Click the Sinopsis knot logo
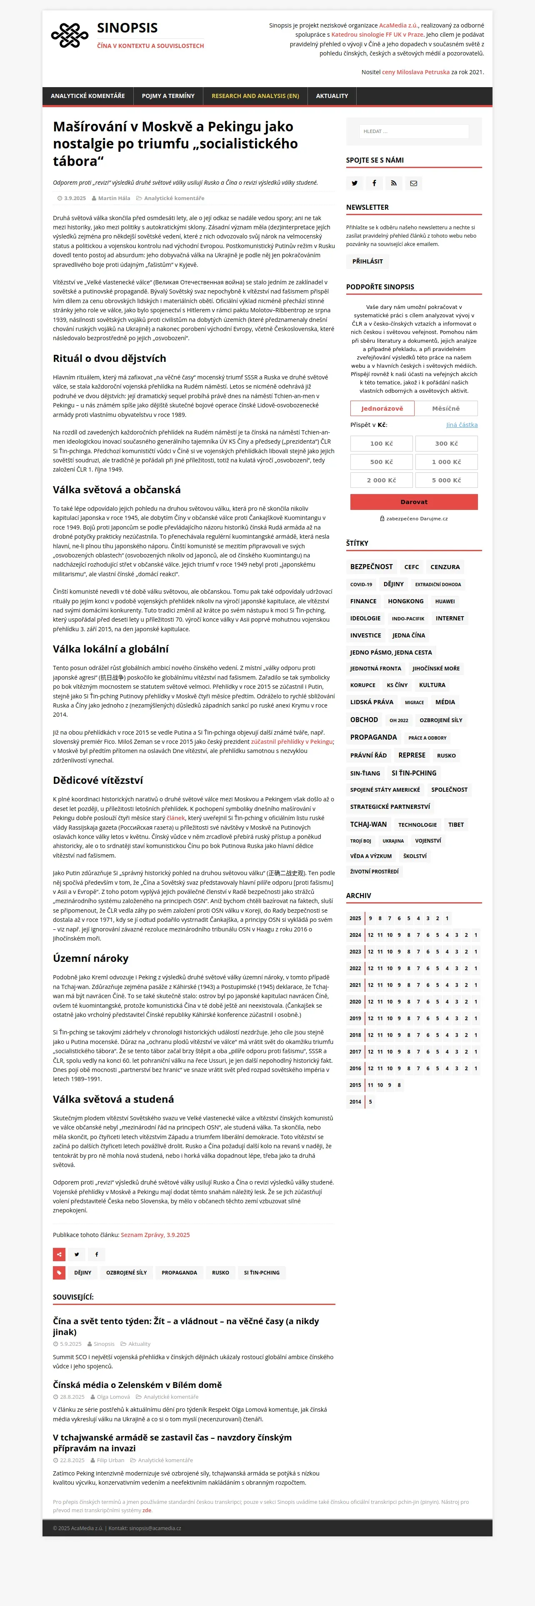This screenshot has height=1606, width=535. (69, 35)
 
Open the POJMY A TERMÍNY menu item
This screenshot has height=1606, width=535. (168, 96)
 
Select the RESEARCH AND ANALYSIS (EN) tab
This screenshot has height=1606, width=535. (255, 96)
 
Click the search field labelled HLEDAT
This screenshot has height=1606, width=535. (414, 132)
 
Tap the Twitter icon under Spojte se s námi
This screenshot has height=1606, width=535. (355, 183)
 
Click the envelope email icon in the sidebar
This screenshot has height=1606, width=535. (414, 183)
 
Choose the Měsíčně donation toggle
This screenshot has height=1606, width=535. (446, 408)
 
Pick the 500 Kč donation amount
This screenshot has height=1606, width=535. (381, 462)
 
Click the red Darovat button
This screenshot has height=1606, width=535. (414, 502)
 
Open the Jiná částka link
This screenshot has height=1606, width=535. (462, 425)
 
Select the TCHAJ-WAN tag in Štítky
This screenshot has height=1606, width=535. (368, 824)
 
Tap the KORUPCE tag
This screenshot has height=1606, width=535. (362, 685)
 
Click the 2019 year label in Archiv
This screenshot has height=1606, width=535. (355, 1018)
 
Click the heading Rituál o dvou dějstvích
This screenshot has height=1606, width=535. (110, 359)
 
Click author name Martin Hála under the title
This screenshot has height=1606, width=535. (114, 198)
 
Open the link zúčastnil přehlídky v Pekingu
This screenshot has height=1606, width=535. (292, 742)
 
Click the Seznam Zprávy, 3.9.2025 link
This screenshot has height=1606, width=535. (155, 1235)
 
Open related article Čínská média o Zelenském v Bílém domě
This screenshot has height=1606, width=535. (137, 1385)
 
